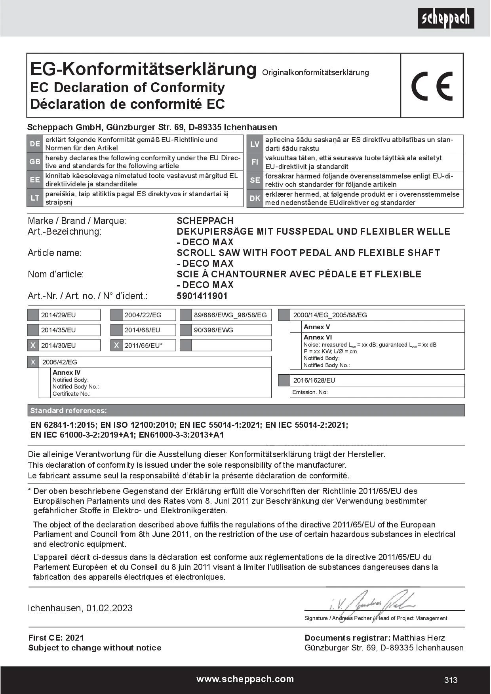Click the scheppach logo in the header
click(x=446, y=18)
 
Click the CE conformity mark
click(x=432, y=86)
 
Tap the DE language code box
click(x=35, y=144)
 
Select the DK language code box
click(x=255, y=198)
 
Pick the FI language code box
click(x=255, y=162)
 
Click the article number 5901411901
click(x=202, y=296)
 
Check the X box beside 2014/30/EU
click(x=33, y=345)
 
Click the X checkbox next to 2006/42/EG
click(x=33, y=362)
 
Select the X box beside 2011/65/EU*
click(x=116, y=345)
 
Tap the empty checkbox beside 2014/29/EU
click(x=33, y=315)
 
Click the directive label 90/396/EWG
click(x=213, y=330)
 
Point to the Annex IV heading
click(x=67, y=372)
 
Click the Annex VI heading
click(x=318, y=337)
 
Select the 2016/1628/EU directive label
click(x=314, y=380)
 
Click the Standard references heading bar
click(x=246, y=410)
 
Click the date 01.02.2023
click(x=109, y=608)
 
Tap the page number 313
click(x=451, y=680)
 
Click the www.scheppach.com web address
click(x=245, y=679)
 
